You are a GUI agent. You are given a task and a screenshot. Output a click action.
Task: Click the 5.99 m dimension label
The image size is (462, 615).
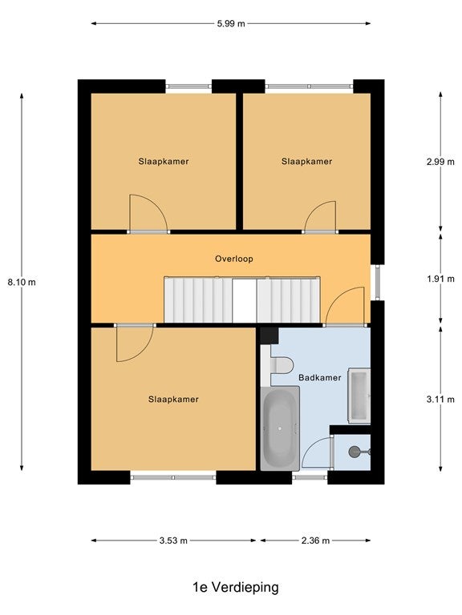[x=231, y=23]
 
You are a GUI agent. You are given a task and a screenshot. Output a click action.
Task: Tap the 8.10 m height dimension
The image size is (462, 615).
[x=22, y=282]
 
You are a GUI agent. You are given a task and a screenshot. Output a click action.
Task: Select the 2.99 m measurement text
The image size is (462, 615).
[x=440, y=162]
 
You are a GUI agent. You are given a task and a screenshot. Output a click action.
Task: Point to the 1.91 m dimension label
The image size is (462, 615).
[x=440, y=279]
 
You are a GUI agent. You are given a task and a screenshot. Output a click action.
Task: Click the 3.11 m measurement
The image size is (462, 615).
[x=440, y=400]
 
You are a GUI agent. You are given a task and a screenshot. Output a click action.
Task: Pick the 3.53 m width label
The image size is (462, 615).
[x=173, y=541]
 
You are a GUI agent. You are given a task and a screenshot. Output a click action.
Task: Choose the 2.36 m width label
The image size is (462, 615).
[x=315, y=541]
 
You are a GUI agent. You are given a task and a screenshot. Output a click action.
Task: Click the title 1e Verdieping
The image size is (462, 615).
[x=236, y=587]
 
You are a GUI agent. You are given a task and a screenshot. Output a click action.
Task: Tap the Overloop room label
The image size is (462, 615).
[x=233, y=259]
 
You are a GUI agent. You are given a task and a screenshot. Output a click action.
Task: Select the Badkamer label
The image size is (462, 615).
[x=320, y=378]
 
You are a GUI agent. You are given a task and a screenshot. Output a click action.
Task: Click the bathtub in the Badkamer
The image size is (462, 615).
[x=280, y=428]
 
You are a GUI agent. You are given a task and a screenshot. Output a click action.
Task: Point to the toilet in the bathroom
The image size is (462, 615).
[x=282, y=365]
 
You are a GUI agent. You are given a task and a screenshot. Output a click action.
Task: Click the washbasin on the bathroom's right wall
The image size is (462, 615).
[x=359, y=396]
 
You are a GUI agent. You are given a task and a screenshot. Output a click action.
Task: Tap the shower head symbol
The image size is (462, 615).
[x=355, y=452]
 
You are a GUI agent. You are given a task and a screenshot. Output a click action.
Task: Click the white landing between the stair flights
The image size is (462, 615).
[x=245, y=301]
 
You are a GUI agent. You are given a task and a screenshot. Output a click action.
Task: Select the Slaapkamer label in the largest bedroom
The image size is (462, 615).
[x=173, y=400]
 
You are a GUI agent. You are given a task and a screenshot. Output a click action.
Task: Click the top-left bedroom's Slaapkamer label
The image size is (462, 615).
[x=164, y=161]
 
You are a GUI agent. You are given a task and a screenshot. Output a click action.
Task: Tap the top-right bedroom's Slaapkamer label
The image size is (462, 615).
[x=307, y=161]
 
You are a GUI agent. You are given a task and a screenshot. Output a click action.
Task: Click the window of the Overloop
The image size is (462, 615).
[x=378, y=282]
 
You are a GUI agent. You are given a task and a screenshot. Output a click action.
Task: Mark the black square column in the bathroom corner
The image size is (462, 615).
[x=269, y=336]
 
